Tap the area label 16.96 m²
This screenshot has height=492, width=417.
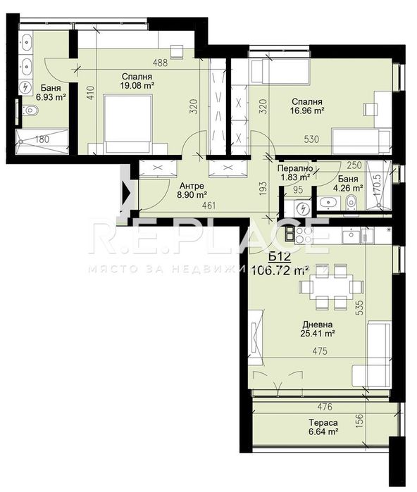point(308,111)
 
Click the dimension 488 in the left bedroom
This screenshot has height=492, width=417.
point(161,63)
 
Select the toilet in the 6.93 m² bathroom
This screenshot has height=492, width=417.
point(30,109)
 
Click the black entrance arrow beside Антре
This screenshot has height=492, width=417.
point(126,189)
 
